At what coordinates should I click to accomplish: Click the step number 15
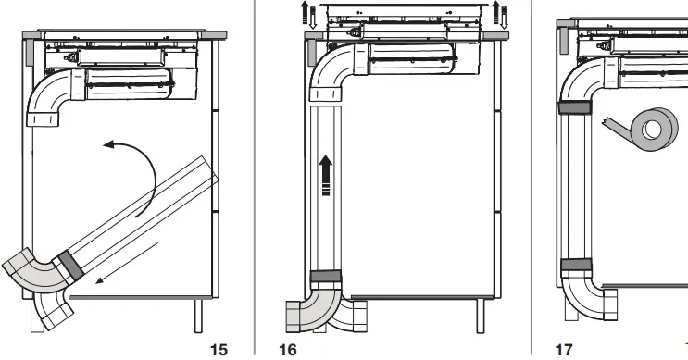pos(219,350)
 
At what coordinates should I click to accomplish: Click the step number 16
pos(288,350)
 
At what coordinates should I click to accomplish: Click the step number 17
pos(564,350)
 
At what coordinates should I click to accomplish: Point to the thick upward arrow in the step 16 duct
pos(326,176)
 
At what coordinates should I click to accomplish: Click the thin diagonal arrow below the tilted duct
pos(127,263)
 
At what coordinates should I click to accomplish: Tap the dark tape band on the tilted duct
pos(70,265)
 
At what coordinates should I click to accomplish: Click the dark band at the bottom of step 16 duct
pos(326,277)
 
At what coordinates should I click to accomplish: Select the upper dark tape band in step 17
pos(575,107)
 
